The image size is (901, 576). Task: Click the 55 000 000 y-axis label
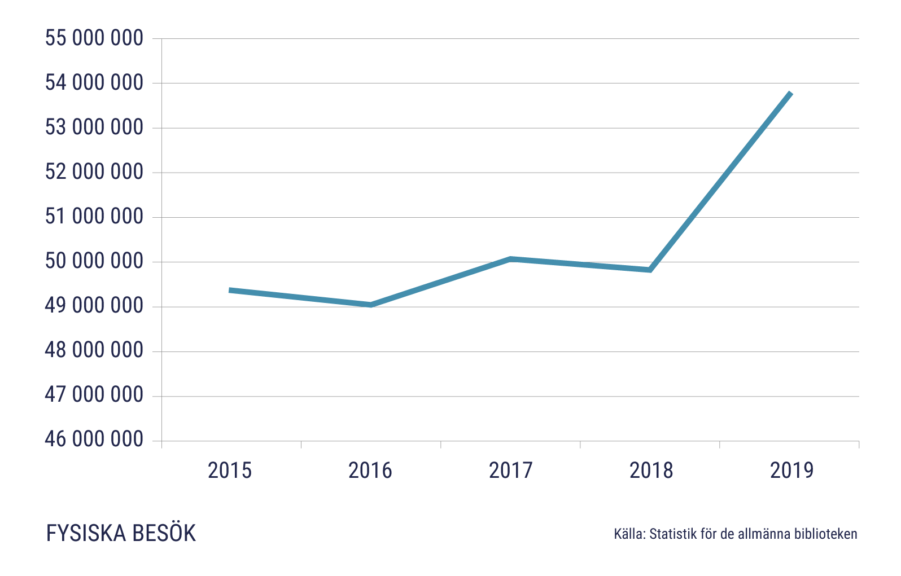[94, 38]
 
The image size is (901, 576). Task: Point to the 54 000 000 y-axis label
[94, 83]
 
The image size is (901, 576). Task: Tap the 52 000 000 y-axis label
[94, 172]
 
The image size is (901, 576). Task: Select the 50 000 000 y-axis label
[94, 261]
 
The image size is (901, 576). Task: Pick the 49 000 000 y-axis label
[94, 306]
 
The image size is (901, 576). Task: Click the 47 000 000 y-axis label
[94, 395]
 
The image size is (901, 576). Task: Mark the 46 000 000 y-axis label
[94, 439]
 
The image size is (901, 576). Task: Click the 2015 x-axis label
[230, 471]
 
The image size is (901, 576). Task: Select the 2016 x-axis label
[370, 471]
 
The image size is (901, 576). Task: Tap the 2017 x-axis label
[511, 471]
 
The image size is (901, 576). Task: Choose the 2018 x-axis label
[651, 471]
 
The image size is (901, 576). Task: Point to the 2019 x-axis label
[792, 471]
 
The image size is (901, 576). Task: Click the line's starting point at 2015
[230, 290]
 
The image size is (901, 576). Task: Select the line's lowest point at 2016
[371, 305]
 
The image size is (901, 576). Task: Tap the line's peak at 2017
[510, 259]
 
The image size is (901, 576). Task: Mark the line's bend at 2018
[650, 270]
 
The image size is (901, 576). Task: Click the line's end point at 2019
[790, 93]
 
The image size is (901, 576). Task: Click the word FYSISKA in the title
[85, 534]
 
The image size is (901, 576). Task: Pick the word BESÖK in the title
[164, 534]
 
